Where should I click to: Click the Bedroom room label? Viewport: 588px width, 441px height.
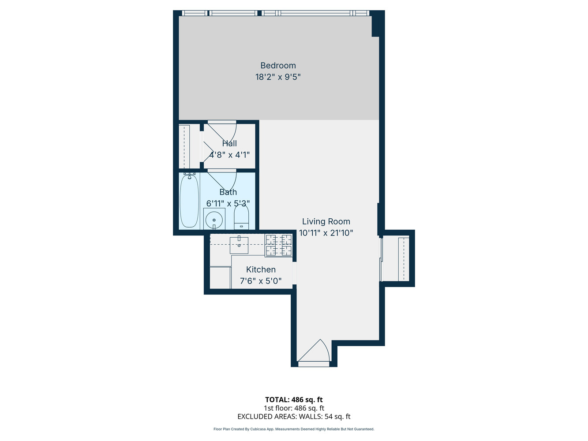click(278, 66)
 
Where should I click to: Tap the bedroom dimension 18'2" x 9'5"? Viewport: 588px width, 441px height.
click(278, 77)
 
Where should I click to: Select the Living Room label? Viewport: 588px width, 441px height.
click(326, 222)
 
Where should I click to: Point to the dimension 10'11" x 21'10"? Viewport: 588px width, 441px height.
click(326, 233)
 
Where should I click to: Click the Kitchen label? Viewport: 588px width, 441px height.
click(261, 269)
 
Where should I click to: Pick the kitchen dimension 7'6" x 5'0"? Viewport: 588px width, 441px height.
click(261, 281)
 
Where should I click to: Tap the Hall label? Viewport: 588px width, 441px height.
click(229, 143)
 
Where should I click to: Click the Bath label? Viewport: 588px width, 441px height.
click(228, 192)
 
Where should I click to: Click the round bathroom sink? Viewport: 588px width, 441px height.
click(214, 219)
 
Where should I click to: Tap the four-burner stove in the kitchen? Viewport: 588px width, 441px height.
click(278, 245)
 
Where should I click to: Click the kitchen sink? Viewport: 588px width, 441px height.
click(239, 245)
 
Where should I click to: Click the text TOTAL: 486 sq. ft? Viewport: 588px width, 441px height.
click(294, 400)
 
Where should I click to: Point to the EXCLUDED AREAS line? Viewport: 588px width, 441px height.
click(294, 417)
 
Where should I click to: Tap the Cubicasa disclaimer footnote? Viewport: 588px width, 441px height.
click(294, 429)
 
